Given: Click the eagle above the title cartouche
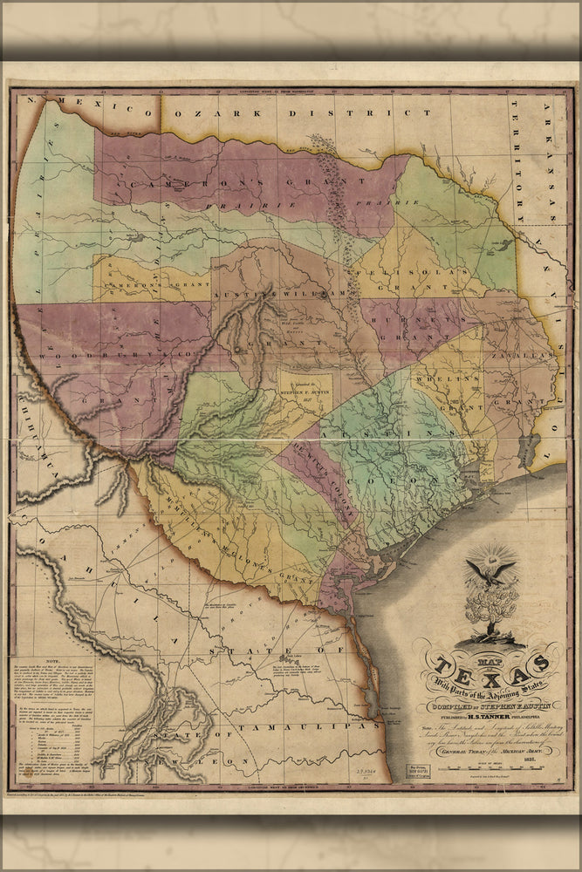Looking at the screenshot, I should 490,570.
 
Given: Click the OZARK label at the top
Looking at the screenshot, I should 217,113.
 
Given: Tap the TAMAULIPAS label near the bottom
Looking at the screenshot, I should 296,725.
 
